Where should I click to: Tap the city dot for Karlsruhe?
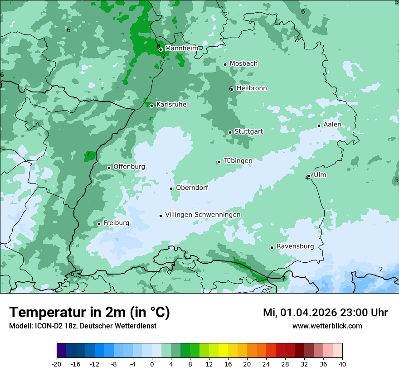tap(152, 106)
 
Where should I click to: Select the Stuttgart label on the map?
tap(248, 131)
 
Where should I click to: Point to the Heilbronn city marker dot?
tap(232, 89)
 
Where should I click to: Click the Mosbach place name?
tap(243, 63)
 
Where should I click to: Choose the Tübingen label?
tap(238, 161)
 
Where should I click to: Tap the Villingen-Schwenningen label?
tap(203, 215)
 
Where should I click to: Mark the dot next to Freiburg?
tap(99, 224)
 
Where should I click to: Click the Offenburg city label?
tap(129, 167)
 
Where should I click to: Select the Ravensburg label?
tap(295, 246)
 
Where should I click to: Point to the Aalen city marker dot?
tap(319, 125)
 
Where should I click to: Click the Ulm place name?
tap(320, 175)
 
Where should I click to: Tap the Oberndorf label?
tap(192, 188)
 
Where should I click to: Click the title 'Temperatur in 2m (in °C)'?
tap(90, 312)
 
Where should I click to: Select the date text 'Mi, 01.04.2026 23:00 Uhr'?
tap(325, 313)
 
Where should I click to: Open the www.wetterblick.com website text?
tap(327, 326)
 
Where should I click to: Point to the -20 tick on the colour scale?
tap(57, 364)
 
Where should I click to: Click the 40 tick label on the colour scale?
tap(342, 364)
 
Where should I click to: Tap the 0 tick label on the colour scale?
tap(152, 364)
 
